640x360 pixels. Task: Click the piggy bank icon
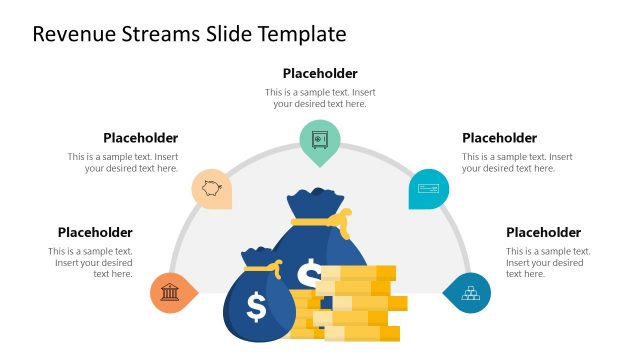[211, 188]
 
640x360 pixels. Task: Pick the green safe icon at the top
[320, 139]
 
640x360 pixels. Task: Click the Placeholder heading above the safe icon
[320, 73]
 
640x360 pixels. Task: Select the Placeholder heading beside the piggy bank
[141, 138]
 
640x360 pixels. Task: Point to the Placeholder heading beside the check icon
[499, 138]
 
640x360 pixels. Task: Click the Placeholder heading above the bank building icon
[95, 232]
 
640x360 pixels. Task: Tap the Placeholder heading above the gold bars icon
[543, 232]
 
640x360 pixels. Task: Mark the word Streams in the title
[165, 34]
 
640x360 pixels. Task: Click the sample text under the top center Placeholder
[320, 97]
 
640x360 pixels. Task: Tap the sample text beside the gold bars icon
[548, 262]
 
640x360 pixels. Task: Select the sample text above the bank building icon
[92, 262]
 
